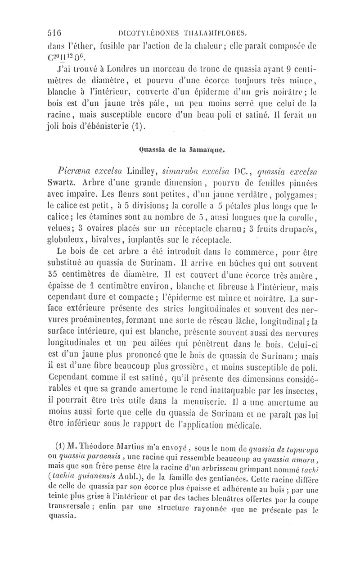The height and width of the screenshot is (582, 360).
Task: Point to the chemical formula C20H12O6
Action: (60, 58)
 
